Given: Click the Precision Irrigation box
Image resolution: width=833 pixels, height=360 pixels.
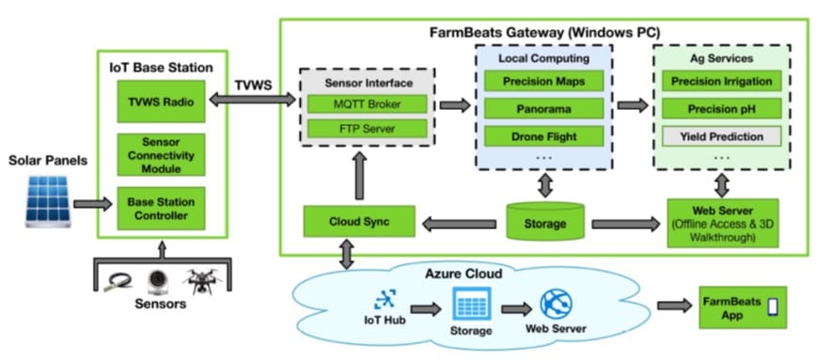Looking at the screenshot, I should (x=722, y=83).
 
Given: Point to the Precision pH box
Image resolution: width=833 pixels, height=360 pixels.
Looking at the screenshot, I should (x=722, y=109).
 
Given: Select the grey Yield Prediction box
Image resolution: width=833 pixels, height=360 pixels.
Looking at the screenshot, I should (x=722, y=136).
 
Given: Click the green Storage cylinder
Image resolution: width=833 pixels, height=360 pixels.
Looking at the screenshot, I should (x=542, y=222).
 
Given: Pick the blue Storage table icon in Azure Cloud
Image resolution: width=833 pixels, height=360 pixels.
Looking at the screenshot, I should (x=470, y=304).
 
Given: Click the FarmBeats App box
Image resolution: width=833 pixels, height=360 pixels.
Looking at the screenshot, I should (x=737, y=306).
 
